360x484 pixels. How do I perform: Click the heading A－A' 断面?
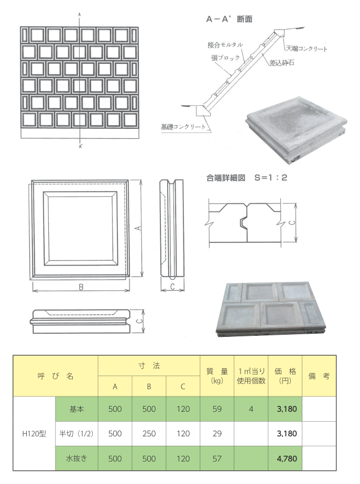tap(230, 19)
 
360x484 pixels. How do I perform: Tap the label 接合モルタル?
tap(225, 45)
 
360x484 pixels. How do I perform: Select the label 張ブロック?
tap(225, 58)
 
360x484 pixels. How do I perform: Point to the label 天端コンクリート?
tap(306, 49)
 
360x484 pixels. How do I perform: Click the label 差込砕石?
tap(281, 63)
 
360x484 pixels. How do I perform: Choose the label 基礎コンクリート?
tap(183, 127)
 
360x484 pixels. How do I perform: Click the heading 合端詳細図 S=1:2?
tap(247, 178)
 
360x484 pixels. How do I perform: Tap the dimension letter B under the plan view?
tap(81, 287)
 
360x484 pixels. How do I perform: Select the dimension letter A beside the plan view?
tap(139, 228)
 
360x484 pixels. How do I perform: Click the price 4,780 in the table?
tap(287, 458)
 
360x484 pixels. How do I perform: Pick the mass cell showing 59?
tap(217, 409)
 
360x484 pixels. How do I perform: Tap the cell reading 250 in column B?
tap(149, 434)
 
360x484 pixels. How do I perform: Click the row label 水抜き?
tap(77, 458)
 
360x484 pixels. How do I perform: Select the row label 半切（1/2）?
tap(77, 434)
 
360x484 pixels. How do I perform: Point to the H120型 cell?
tap(34, 434)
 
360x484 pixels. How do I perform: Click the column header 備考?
tap(319, 376)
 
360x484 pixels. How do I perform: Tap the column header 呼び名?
tap(56, 376)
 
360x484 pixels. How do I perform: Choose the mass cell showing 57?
tap(217, 458)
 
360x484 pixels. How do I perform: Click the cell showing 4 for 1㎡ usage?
tap(251, 409)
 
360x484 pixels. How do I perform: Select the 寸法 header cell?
tap(149, 366)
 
